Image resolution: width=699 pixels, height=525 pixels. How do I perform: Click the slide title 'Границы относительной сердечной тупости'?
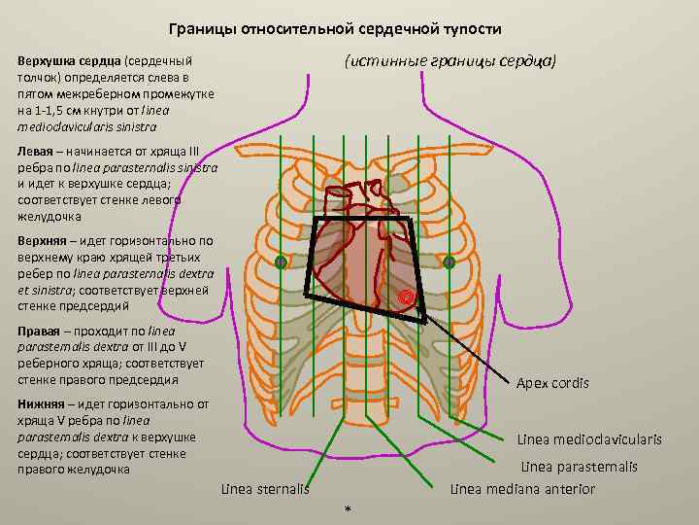[x=343, y=29]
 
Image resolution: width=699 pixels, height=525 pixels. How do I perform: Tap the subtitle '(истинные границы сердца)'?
[x=450, y=60]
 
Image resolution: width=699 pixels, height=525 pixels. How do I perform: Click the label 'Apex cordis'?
[x=552, y=383]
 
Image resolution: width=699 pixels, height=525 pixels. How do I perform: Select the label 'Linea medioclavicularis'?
[x=589, y=439]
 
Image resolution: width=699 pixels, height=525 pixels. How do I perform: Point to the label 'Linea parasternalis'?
[x=580, y=467]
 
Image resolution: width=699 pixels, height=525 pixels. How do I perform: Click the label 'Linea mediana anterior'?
[x=522, y=489]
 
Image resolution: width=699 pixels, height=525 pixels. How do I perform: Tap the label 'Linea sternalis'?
[x=264, y=488]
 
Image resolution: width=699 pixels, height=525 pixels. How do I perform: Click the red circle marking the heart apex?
[x=409, y=297]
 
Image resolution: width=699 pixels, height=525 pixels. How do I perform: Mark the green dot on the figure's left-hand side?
[x=281, y=262]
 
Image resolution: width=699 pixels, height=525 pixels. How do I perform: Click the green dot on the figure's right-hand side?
[x=449, y=262]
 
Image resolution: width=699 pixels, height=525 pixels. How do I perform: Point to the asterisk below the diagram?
[x=348, y=508]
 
